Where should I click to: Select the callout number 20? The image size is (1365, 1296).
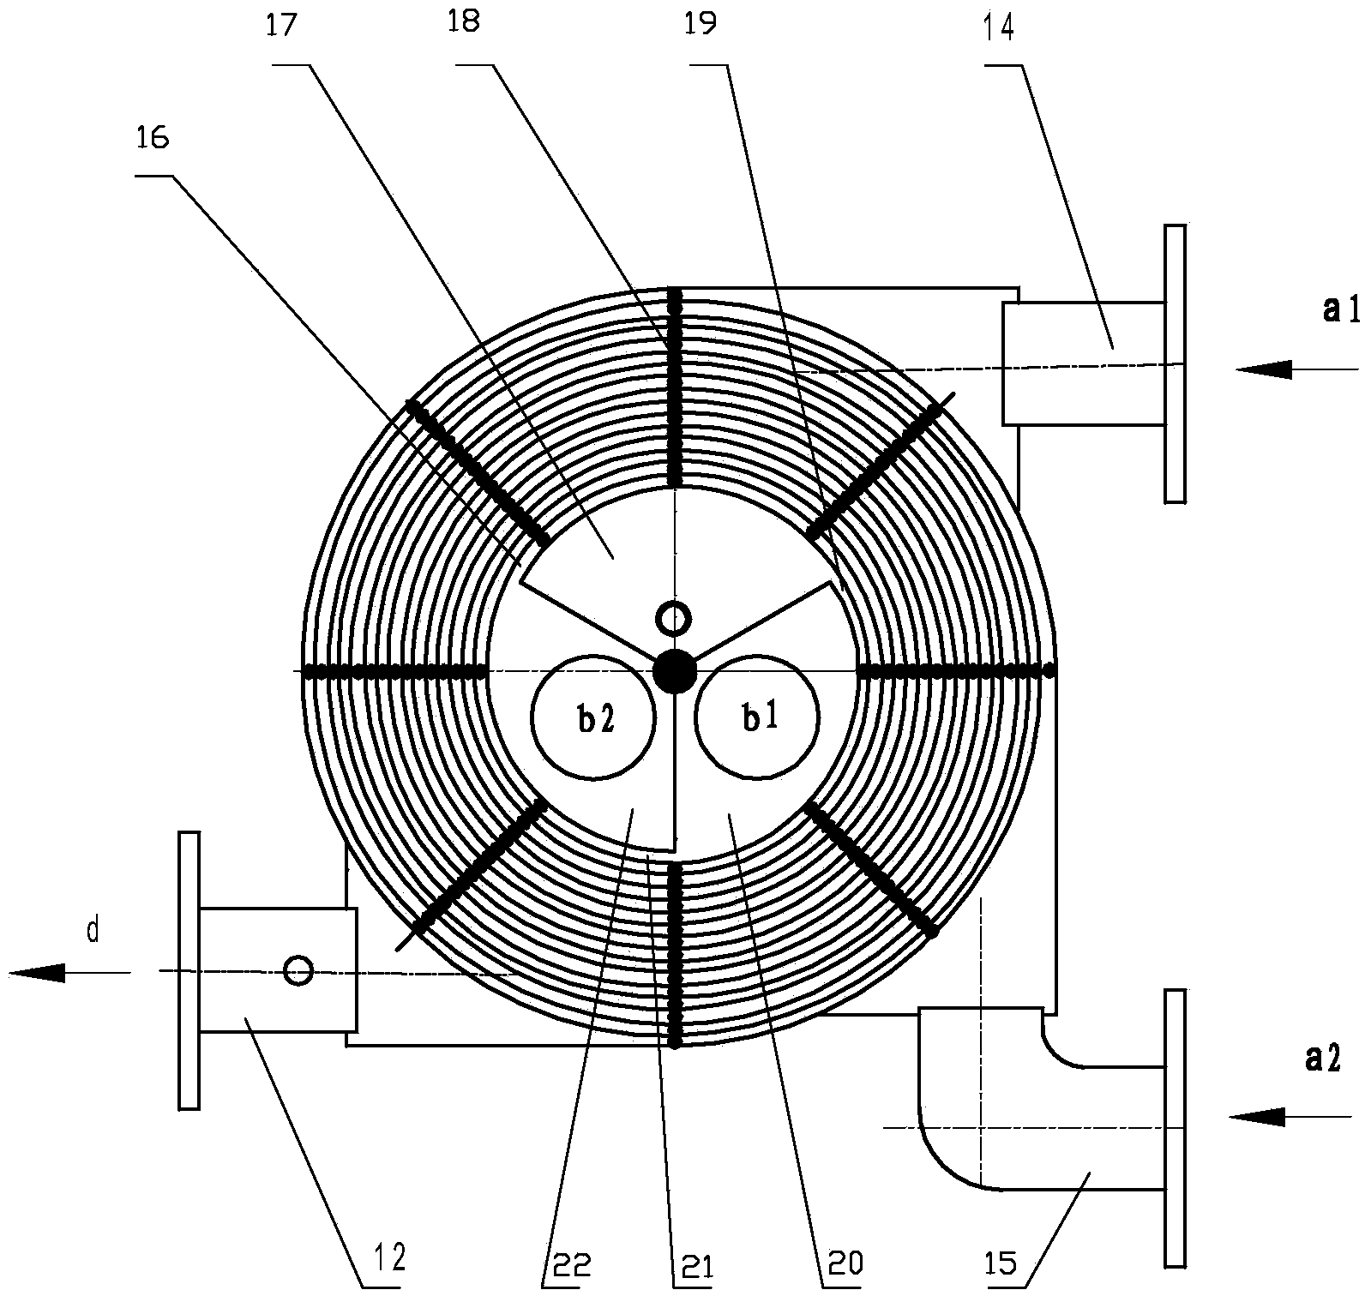point(845,1262)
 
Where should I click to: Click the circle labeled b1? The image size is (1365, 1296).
point(757,717)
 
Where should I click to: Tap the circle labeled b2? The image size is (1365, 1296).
point(593,717)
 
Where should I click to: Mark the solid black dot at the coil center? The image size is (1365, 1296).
point(675,671)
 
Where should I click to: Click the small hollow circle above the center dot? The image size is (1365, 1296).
point(673,617)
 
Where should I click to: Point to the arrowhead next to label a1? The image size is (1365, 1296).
point(1264,370)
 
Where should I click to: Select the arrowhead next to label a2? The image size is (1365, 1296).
point(1257,1116)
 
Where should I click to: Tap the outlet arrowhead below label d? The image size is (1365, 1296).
point(38,972)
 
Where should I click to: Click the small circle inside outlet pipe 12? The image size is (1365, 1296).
point(298,970)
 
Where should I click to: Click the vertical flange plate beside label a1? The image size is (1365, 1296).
point(1175,363)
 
